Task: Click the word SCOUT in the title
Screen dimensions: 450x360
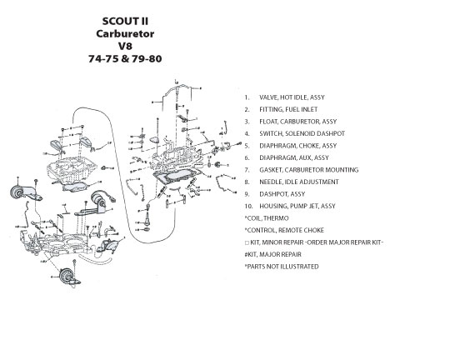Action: (x=117, y=21)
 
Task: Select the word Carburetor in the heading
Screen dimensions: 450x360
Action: (x=125, y=33)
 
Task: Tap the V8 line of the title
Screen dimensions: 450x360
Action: (x=125, y=46)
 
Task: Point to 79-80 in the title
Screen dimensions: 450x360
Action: (x=147, y=58)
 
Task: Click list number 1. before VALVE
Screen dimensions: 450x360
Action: (x=247, y=97)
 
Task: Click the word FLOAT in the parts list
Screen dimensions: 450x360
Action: (x=268, y=122)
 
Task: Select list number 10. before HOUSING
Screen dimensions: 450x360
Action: (x=248, y=206)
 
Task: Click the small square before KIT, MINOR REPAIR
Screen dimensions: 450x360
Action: (x=247, y=242)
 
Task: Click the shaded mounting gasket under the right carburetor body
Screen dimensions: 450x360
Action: (x=176, y=177)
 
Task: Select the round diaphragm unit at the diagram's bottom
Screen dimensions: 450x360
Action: (x=67, y=277)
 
